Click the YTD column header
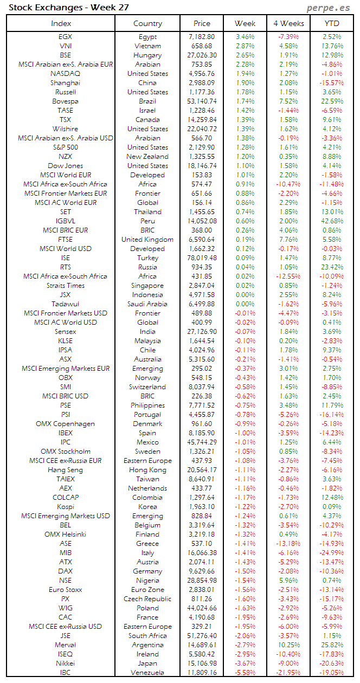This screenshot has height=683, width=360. (x=331, y=23)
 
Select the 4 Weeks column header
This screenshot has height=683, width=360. (x=288, y=23)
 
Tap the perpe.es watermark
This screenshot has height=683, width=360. (x=328, y=8)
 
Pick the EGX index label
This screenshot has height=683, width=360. (x=65, y=36)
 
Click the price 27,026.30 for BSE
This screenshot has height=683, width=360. (x=202, y=55)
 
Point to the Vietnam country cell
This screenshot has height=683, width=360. (x=147, y=46)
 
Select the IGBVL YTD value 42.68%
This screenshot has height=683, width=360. (x=331, y=221)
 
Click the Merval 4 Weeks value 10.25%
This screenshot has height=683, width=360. (x=288, y=645)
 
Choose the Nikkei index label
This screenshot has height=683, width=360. (x=65, y=663)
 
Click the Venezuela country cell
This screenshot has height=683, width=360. (x=147, y=673)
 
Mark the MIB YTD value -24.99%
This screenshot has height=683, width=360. (x=331, y=553)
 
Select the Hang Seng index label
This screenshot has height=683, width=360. (x=65, y=470)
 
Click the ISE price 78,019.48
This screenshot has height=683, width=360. (x=202, y=257)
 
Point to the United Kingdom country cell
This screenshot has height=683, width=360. (x=147, y=239)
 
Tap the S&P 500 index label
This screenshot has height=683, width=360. (x=65, y=147)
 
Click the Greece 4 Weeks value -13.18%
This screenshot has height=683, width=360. (x=288, y=544)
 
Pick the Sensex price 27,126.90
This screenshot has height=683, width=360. (x=202, y=331)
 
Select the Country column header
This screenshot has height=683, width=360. (x=147, y=23)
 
